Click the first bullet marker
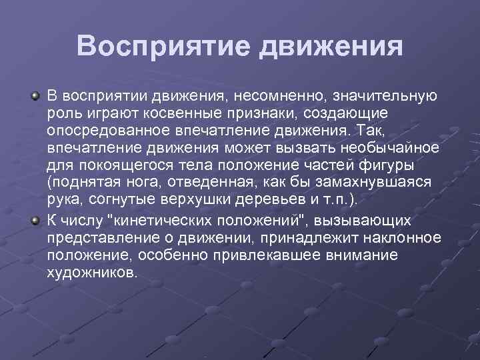[x=35, y=97]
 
